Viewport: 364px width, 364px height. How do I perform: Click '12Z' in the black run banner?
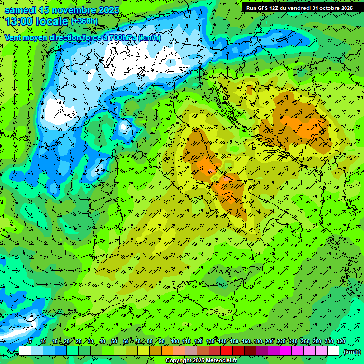[x=276, y=8]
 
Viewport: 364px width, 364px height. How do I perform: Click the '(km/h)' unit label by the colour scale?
[x=352, y=352]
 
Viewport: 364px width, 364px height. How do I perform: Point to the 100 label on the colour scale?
[x=174, y=341]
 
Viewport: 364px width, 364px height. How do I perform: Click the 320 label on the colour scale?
[x=340, y=341]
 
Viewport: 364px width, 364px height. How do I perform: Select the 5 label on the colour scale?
[x=30, y=341]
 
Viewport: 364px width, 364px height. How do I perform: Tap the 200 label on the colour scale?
[x=270, y=341]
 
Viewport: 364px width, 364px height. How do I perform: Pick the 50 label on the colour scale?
[x=114, y=341]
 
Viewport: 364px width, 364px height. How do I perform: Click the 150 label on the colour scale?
[x=234, y=341]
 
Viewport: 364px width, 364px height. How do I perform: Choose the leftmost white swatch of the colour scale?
[x=25, y=351]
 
